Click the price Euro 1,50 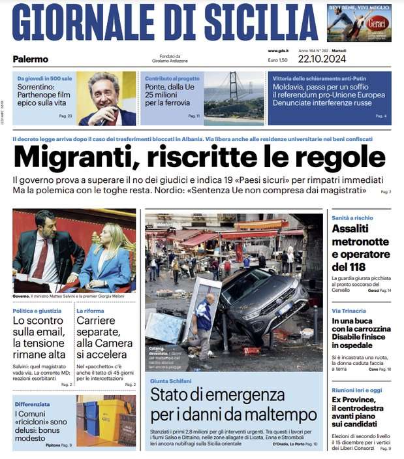(277, 60)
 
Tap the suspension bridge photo (234, 98)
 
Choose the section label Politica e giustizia (38, 311)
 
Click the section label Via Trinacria (349, 311)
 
